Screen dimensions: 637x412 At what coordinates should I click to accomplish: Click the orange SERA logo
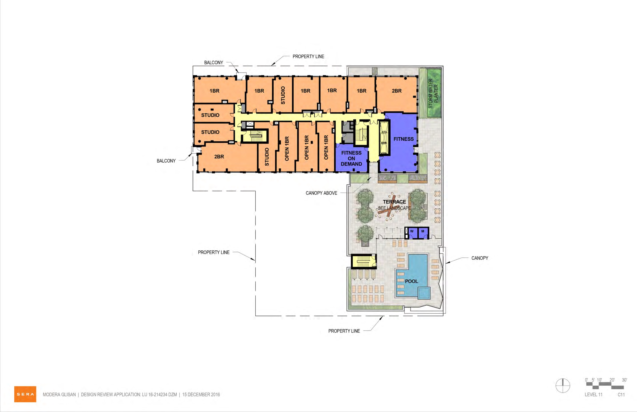pos(25,394)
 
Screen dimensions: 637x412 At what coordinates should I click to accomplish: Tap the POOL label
pos(411,281)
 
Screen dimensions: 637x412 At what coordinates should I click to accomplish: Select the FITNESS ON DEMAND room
pos(351,158)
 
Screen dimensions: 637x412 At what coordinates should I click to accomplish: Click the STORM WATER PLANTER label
pos(433,93)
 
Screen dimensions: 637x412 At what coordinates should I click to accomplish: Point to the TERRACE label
pos(394,202)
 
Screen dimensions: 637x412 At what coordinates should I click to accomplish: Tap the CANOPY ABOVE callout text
pos(321,193)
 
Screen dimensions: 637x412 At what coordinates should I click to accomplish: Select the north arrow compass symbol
pos(563,386)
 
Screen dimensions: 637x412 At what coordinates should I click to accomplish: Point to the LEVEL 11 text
pos(593,395)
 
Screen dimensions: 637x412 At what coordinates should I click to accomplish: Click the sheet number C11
pos(621,395)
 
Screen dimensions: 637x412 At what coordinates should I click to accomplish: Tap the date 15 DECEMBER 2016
pos(201,394)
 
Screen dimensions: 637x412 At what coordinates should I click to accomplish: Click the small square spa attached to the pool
pos(424,293)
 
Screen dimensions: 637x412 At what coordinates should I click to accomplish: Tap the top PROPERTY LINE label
pos(308,56)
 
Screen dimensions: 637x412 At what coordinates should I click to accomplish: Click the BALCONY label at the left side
pos(166,161)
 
